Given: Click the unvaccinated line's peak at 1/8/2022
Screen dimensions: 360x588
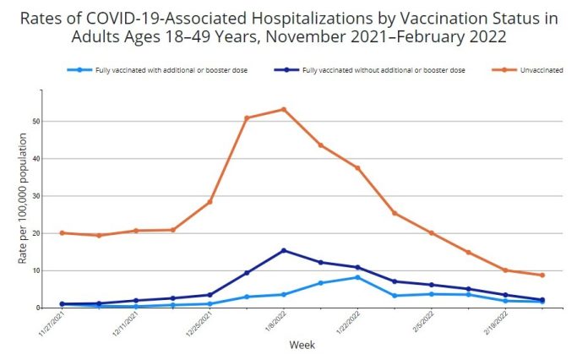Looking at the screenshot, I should pyautogui.click(x=283, y=109).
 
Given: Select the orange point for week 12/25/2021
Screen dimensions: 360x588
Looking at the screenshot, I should pyautogui.click(x=210, y=201).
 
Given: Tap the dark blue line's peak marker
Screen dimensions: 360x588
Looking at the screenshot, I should pyautogui.click(x=283, y=250).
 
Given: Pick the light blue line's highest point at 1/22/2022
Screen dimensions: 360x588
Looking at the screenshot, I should pyautogui.click(x=357, y=277).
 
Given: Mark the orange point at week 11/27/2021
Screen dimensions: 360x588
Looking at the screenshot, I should pyautogui.click(x=62, y=232).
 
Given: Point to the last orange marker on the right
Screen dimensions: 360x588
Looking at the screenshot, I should pyautogui.click(x=542, y=275).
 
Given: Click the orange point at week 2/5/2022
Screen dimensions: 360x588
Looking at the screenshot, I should pyautogui.click(x=431, y=233).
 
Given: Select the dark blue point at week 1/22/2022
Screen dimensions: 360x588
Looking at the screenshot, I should pyautogui.click(x=357, y=267).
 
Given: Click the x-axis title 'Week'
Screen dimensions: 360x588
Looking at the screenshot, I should pyautogui.click(x=302, y=345).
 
